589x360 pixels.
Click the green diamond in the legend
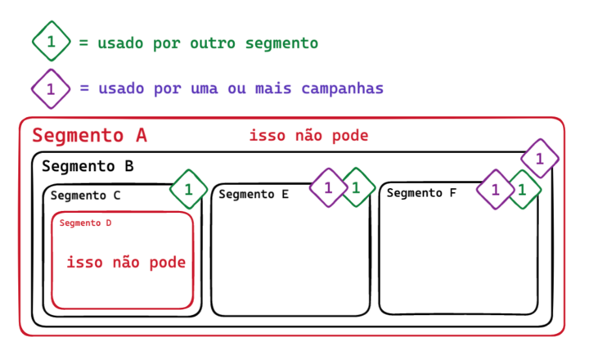click(52, 42)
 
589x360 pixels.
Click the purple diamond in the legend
click(52, 88)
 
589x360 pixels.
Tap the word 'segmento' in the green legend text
click(281, 43)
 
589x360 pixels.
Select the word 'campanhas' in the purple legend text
click(343, 88)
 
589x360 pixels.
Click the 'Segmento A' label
click(89, 137)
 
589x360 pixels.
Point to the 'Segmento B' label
click(88, 167)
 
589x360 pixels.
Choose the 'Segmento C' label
click(85, 196)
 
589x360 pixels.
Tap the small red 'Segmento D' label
click(85, 223)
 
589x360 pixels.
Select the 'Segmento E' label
click(254, 195)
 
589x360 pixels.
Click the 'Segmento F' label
click(421, 193)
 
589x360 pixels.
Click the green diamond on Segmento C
click(189, 189)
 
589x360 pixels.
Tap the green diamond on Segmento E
click(357, 187)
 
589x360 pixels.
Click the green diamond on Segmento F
click(524, 190)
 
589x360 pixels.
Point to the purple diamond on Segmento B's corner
click(539, 158)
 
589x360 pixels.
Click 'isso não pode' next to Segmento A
click(308, 136)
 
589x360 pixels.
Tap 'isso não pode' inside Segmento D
click(126, 263)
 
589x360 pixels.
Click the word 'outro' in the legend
click(214, 43)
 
